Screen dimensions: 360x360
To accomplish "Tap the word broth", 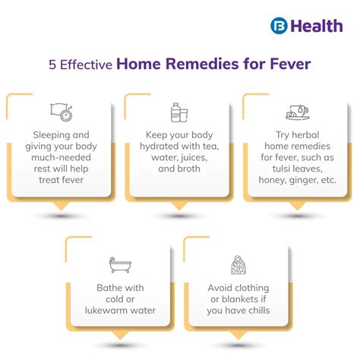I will [189, 168].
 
